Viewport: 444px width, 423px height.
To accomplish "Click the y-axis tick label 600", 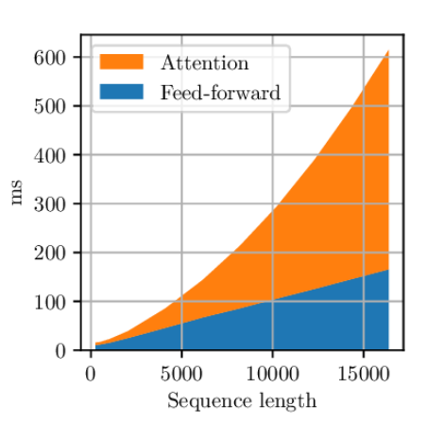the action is (49, 58).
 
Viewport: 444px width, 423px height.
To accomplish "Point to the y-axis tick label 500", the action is (49, 107).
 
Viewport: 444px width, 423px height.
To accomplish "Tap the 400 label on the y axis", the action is (49, 155).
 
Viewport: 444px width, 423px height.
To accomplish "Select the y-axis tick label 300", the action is (49, 204).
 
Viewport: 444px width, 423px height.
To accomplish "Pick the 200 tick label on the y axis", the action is (49, 253).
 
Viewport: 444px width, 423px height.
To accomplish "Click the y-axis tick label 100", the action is (49, 302).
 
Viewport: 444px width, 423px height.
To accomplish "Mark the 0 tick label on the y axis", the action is (60, 351).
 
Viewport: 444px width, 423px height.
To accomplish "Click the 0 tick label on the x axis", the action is (91, 374).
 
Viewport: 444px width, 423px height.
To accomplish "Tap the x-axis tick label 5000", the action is (181, 374).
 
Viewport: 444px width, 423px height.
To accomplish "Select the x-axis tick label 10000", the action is (272, 374).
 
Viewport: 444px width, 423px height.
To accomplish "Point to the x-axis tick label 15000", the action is (364, 374).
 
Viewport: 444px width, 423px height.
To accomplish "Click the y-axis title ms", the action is (17, 192).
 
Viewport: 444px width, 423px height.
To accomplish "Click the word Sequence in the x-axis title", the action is (210, 401).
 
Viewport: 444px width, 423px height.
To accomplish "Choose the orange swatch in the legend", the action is (122, 62).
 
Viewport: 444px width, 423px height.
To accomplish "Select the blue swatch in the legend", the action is (122, 92).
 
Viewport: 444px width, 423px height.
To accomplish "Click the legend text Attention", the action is (205, 62).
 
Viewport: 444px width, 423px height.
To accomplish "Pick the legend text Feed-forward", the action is (220, 92).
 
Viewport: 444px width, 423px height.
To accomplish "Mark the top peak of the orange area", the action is (388, 50).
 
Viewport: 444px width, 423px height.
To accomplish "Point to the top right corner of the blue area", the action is (388, 270).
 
